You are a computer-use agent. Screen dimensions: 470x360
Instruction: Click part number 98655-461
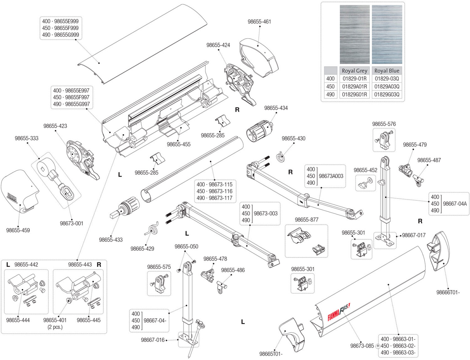[x=259, y=22]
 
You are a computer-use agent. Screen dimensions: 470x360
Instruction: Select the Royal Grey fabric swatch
[x=355, y=34]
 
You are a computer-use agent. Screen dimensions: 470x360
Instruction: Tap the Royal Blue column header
[x=387, y=71]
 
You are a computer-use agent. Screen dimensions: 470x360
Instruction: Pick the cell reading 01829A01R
[x=355, y=87]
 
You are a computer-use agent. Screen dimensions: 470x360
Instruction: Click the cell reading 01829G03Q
[x=387, y=94]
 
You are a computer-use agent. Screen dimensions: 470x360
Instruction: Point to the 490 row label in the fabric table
[x=330, y=94]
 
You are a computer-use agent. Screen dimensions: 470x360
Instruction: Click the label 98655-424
[x=218, y=45]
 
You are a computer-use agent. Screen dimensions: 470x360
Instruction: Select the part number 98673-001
[x=71, y=223]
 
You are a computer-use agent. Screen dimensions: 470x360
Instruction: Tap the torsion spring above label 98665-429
[x=152, y=229]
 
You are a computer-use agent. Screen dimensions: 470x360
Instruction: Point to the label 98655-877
[x=307, y=220]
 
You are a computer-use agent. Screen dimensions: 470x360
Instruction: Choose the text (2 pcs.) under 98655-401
[x=55, y=327]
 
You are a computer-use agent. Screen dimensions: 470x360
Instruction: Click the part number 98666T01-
[x=448, y=292]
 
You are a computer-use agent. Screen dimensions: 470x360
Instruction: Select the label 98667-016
[x=153, y=340]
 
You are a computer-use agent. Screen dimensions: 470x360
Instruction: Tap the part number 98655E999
[x=66, y=21]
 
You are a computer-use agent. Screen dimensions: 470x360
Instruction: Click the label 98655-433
[x=111, y=240]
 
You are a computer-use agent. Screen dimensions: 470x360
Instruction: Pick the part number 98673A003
[x=331, y=176]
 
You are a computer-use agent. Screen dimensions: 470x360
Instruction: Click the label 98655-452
[x=366, y=170]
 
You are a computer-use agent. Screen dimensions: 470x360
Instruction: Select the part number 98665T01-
[x=271, y=354]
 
